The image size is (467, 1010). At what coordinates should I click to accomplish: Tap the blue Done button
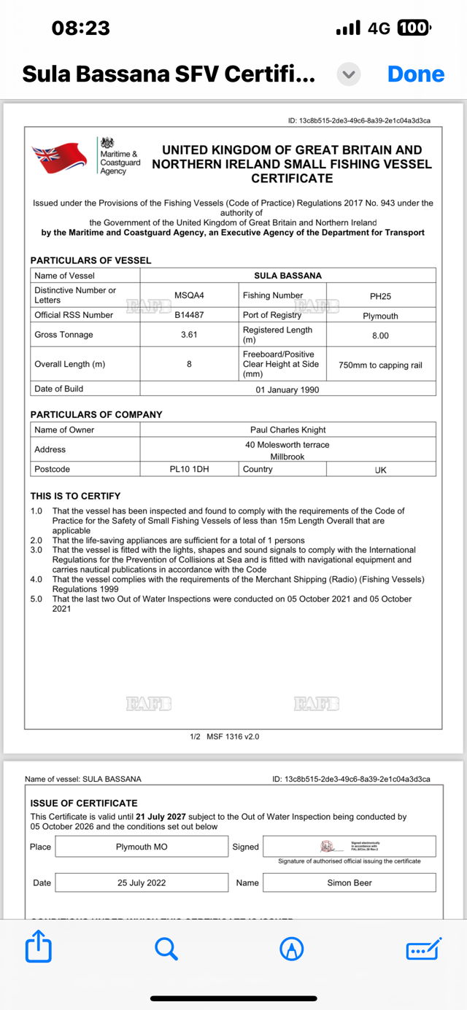[x=416, y=74]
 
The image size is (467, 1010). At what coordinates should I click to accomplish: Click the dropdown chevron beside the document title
[x=349, y=74]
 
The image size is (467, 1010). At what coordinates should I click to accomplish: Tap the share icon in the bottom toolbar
[x=38, y=948]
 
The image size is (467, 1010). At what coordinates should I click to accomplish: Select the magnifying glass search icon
[x=166, y=948]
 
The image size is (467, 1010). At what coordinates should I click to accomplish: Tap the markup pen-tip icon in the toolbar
[x=292, y=948]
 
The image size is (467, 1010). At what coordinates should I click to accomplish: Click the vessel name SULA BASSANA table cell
[x=287, y=276]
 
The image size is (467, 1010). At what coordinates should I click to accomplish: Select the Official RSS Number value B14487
[x=189, y=315]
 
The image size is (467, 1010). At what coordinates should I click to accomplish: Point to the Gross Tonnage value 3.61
[x=189, y=335]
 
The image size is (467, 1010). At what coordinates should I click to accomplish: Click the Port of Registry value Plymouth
[x=380, y=316]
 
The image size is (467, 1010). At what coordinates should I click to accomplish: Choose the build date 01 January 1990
[x=287, y=389]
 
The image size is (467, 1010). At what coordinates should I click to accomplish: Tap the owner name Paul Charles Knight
[x=287, y=430]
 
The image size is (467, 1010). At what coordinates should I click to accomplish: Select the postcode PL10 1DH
[x=189, y=469]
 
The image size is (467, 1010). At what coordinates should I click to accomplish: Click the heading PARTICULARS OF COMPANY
[x=96, y=414]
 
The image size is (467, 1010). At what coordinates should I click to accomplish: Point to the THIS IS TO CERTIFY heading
[x=75, y=496]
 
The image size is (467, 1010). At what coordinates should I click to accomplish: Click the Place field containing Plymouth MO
[x=142, y=847]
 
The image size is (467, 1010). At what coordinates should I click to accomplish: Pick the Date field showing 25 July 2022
[x=142, y=882]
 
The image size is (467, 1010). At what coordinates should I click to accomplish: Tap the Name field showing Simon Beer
[x=349, y=882]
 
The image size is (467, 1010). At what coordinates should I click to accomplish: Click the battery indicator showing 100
[x=414, y=28]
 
